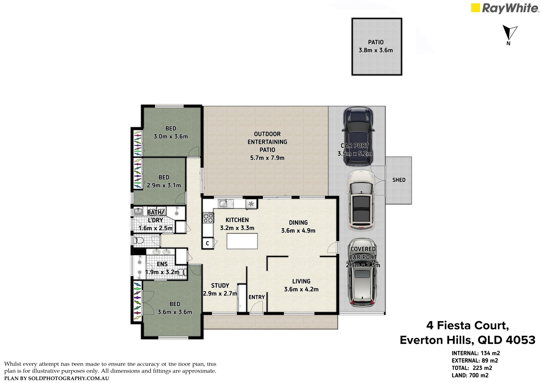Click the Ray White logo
pyautogui.click(x=505, y=8)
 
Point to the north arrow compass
pyautogui.click(x=509, y=35)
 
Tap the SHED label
pyautogui.click(x=399, y=180)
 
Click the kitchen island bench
pyautogui.click(x=242, y=241)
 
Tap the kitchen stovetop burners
pyautogui.click(x=208, y=218)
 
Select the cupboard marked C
pyautogui.click(x=208, y=243)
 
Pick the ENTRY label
pyautogui.click(x=257, y=297)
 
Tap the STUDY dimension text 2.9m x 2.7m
pyautogui.click(x=220, y=294)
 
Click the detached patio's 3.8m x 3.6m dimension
pyautogui.click(x=376, y=50)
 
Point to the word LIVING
pyautogui.click(x=301, y=281)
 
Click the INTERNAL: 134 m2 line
pyautogui.click(x=476, y=353)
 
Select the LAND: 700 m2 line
pyautogui.click(x=470, y=375)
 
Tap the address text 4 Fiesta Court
pyautogui.click(x=468, y=326)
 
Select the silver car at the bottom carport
pyautogui.click(x=362, y=273)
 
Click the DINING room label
pyautogui.click(x=298, y=223)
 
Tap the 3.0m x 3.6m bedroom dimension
pyautogui.click(x=171, y=137)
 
